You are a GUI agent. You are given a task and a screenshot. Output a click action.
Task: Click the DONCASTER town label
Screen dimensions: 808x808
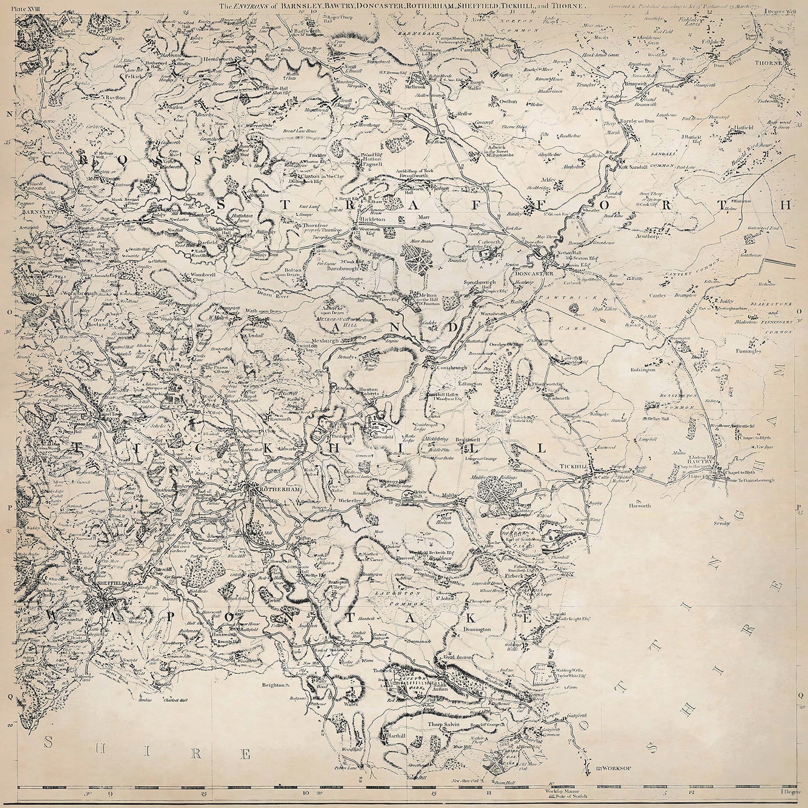tap(533, 273)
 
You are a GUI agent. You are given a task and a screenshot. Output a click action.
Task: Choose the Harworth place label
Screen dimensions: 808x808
tap(650, 506)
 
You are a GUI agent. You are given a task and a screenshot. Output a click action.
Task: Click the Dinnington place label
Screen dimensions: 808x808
tap(476, 629)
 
